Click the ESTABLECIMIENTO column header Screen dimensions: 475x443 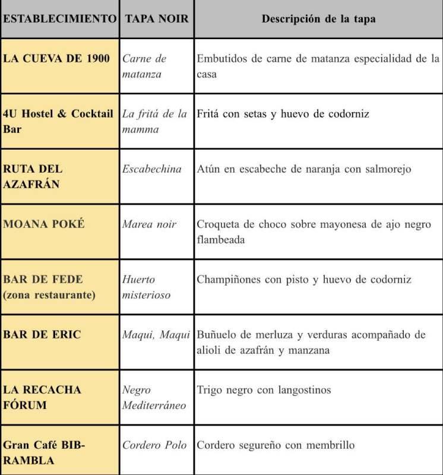59,18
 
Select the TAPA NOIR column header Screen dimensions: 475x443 157,18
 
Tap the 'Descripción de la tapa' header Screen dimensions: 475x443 318,18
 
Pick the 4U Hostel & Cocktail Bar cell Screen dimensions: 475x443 58,121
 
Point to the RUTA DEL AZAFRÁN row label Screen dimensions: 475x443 33,176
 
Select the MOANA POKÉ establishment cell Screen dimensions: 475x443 44,224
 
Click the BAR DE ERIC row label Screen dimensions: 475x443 42,334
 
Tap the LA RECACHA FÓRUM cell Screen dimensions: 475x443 42,397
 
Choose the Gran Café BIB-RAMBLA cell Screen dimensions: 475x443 44,452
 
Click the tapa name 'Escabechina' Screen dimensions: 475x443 152,169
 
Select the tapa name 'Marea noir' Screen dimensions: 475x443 150,224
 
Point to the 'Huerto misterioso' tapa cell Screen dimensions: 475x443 146,287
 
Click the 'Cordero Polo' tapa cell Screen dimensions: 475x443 154,445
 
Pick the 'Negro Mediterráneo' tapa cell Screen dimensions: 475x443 154,397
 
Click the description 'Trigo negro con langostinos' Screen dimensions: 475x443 264,389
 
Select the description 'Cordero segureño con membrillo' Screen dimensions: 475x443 276,445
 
